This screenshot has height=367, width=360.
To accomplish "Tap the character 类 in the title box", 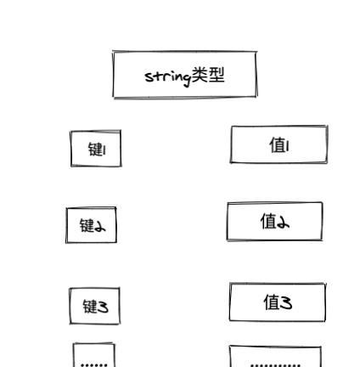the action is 200,75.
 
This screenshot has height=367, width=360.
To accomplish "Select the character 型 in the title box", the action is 217,75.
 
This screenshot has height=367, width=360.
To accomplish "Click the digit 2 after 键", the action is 99,226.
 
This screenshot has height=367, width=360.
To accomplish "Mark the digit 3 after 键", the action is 103,307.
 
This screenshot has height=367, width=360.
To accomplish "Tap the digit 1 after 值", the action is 287,147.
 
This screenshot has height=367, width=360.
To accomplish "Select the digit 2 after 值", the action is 283,223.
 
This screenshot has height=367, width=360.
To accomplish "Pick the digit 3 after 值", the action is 285,302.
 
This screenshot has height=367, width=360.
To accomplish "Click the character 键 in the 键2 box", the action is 87,225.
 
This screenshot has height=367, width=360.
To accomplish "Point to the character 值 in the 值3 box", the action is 272,302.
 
